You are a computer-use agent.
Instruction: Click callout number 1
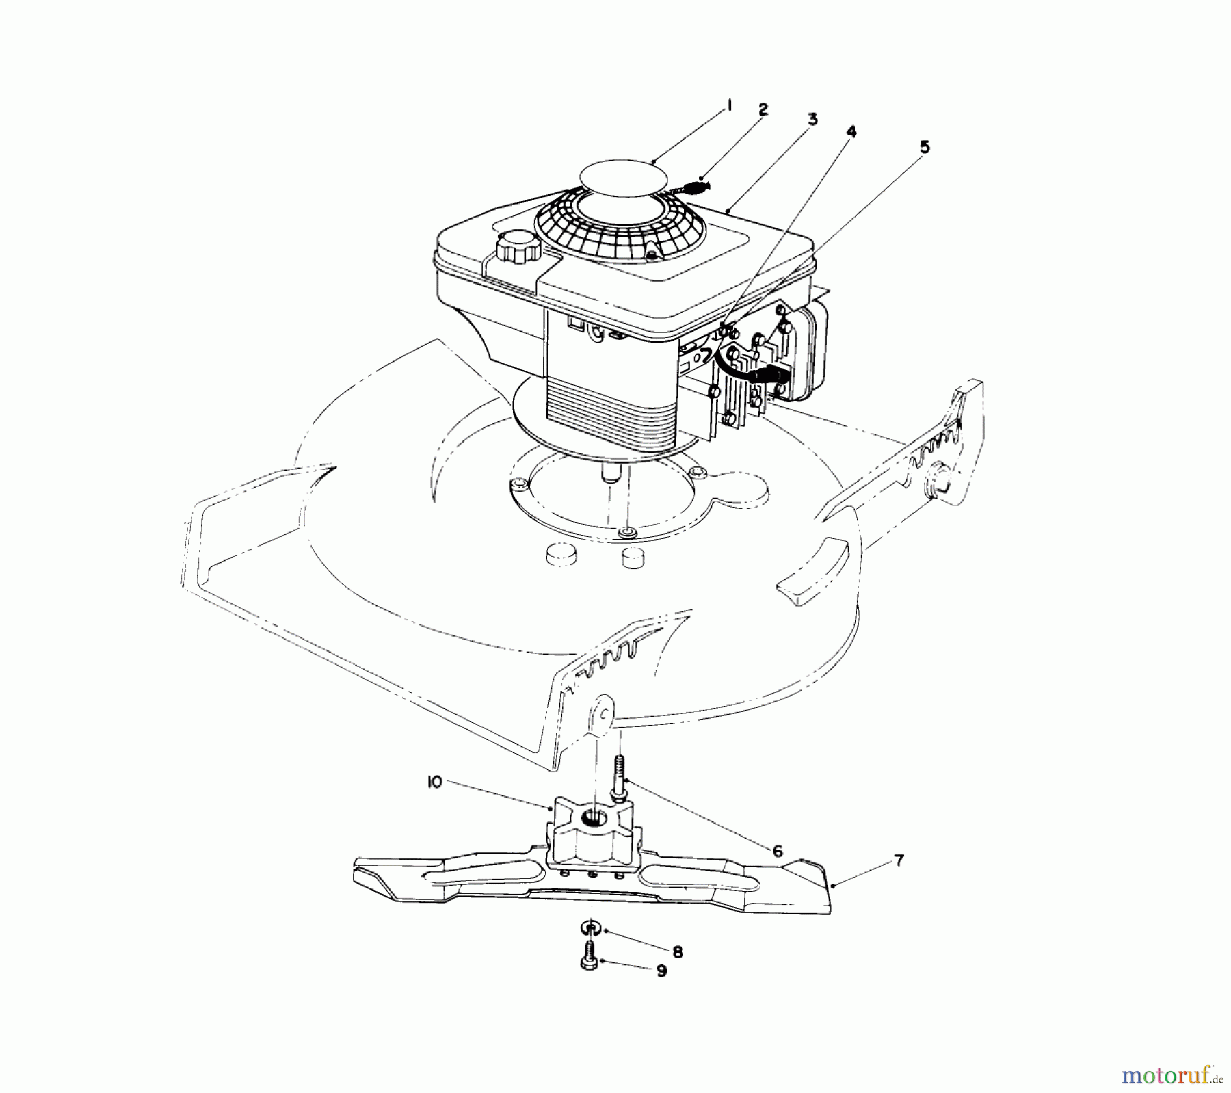[x=729, y=105]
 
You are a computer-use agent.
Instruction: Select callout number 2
[x=763, y=109]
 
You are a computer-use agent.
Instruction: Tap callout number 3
[x=812, y=120]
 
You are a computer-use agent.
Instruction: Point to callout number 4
[x=851, y=131]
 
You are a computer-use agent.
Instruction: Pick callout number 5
[x=924, y=147]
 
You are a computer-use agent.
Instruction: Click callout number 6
[x=777, y=852]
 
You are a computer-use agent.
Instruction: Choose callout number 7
[x=899, y=860]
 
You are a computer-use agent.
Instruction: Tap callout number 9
[x=661, y=972]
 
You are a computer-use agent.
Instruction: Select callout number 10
[x=434, y=782]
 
